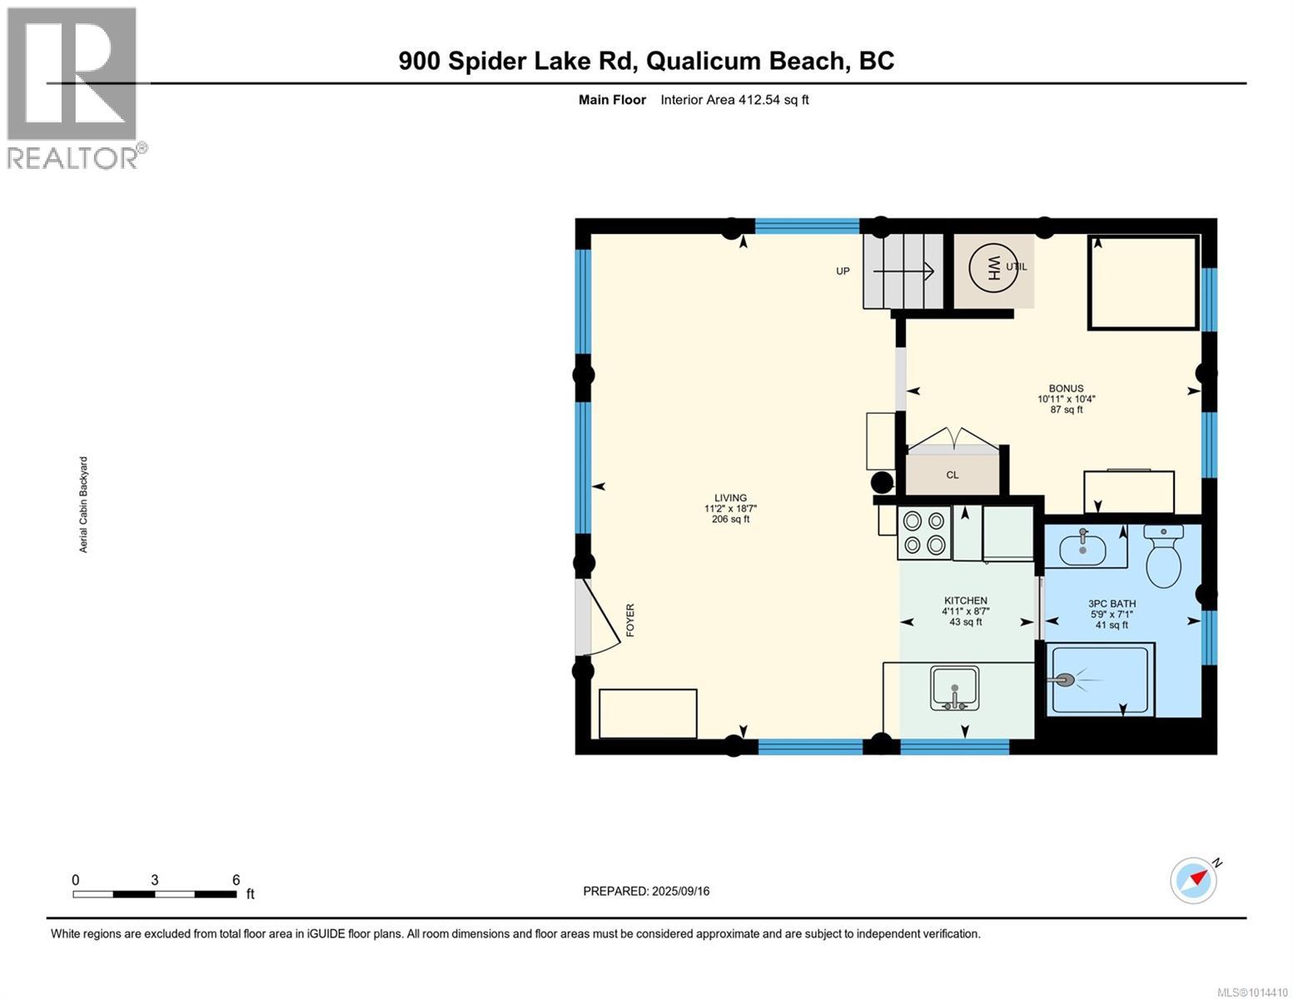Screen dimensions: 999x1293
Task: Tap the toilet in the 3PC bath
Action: tap(1163, 554)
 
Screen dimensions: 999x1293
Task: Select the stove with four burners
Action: tap(924, 533)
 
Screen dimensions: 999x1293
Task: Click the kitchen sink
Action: tap(954, 688)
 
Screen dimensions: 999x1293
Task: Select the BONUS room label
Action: tap(1066, 388)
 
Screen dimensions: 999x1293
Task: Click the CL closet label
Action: tap(952, 475)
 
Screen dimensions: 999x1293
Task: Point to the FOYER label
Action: tap(630, 620)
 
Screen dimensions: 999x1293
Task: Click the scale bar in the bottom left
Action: tap(154, 894)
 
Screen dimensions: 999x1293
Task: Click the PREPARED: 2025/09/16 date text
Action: tap(646, 891)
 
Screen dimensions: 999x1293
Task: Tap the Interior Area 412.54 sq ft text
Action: tap(734, 100)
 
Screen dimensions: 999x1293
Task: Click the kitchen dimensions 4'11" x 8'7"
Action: tap(965, 611)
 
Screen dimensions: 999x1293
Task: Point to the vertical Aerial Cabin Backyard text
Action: tap(83, 504)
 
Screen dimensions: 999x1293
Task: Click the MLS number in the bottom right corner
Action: tap(1254, 992)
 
